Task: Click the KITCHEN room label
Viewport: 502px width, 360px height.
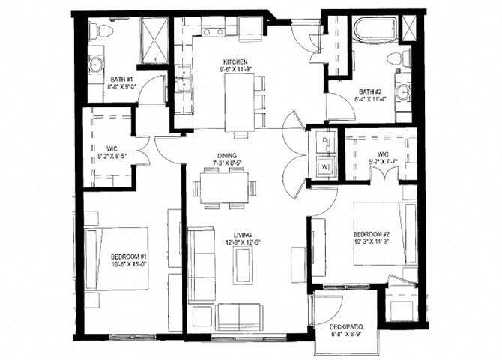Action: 235,61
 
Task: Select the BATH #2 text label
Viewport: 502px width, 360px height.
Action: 369,92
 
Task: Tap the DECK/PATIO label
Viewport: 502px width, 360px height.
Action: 346,327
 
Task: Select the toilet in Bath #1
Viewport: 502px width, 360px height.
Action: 100,31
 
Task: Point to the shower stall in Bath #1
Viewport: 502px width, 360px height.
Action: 152,37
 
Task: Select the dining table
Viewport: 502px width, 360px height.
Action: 224,187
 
